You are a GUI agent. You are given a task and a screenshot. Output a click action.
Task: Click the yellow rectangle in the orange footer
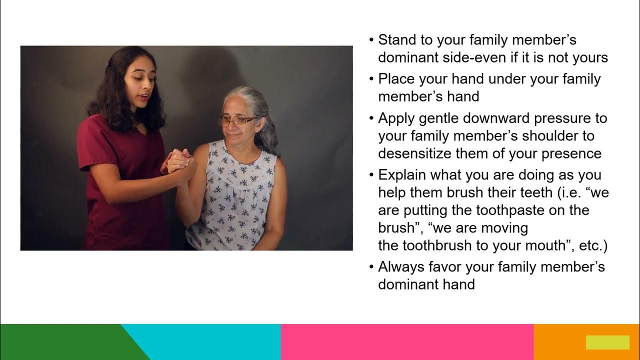click(x=607, y=342)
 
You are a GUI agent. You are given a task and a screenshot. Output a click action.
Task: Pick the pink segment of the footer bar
click(x=407, y=342)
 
